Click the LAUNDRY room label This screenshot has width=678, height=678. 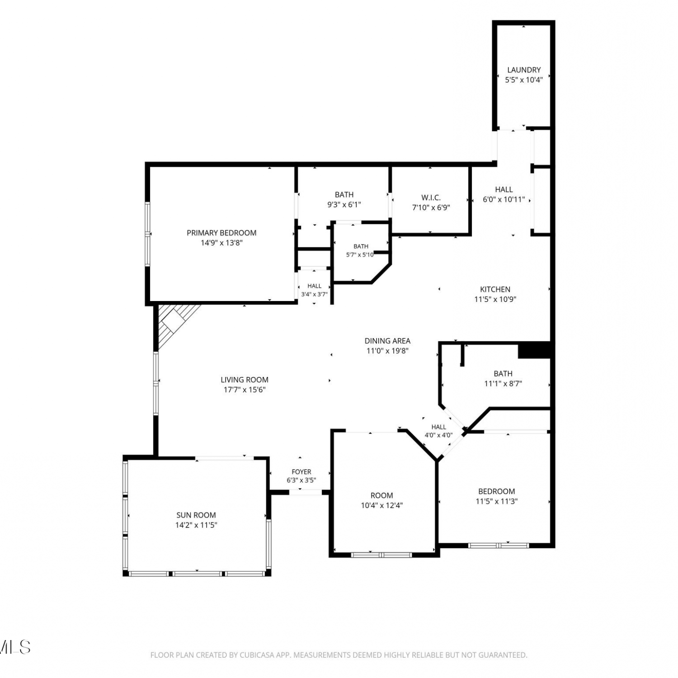click(524, 70)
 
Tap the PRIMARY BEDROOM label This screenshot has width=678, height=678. click(221, 233)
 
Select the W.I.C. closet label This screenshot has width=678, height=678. click(431, 198)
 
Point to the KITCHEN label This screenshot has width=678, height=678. click(495, 289)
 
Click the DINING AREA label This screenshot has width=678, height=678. click(387, 341)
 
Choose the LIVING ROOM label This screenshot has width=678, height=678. click(245, 380)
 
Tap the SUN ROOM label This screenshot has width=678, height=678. click(196, 515)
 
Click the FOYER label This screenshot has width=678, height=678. click(301, 472)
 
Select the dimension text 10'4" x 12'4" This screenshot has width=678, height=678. click(382, 505)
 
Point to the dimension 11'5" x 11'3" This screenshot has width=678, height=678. click(497, 501)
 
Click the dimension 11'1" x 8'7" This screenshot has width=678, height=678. click(503, 383)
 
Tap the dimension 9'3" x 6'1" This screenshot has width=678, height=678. click(344, 204)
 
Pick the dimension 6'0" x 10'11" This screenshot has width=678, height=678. click(504, 199)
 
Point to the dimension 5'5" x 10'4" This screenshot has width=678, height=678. click(524, 80)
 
